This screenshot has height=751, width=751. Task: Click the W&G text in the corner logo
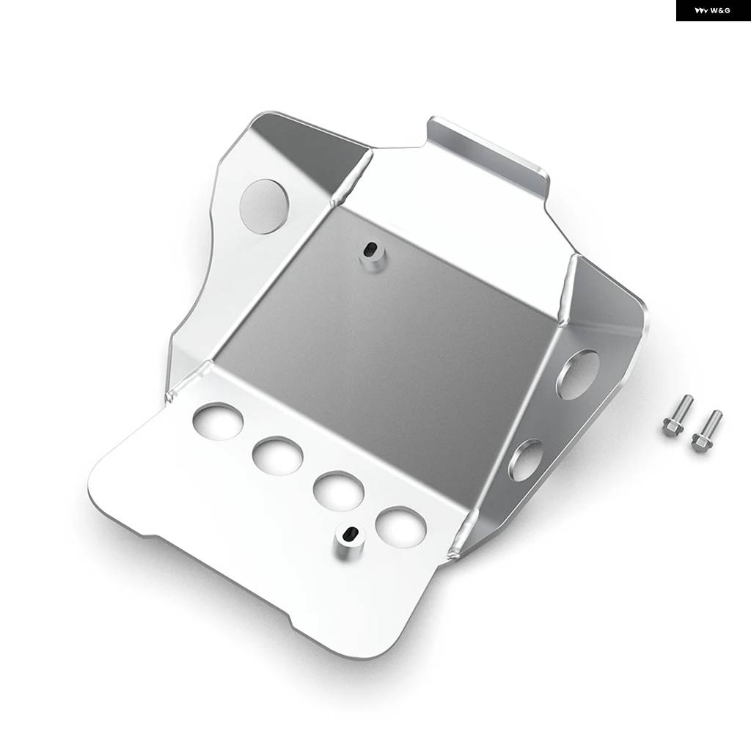[720, 10]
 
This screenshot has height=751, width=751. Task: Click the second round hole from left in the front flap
[278, 455]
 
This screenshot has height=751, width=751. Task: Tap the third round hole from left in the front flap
[339, 491]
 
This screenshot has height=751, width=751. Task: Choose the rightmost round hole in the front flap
[401, 527]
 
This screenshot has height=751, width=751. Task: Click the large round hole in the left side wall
[264, 206]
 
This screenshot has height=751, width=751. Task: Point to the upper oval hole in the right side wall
[577, 375]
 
